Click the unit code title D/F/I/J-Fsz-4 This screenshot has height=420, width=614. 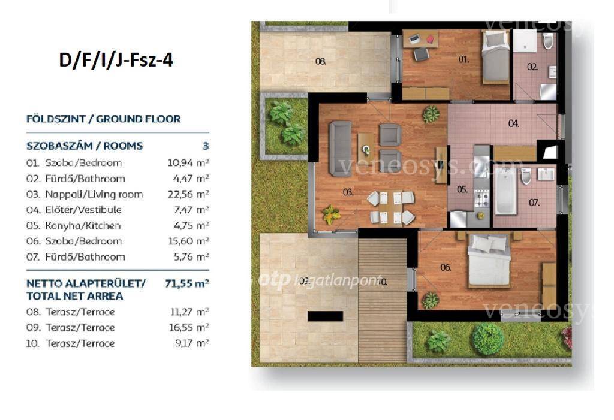pos(116,61)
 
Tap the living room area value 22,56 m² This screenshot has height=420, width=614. pos(188,194)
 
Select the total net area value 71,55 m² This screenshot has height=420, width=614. pos(187,283)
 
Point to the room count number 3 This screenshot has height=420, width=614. pos(206,146)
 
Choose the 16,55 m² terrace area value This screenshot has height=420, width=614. pos(189,328)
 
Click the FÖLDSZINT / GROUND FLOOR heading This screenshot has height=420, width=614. pos(103,119)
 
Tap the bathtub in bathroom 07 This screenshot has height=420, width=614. pos(505,191)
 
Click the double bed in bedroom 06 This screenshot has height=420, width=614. pos(489,260)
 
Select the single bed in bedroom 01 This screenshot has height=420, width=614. pos(495,57)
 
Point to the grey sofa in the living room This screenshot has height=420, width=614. pos(340,149)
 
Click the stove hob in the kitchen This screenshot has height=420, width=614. pos(482,198)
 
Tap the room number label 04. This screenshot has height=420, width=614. pos(514,123)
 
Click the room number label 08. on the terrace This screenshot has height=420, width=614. pos(321,61)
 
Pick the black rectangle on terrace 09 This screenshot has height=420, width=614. pos(325,316)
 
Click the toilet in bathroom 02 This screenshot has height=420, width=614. pos(548,40)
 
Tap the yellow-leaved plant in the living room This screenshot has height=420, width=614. pos(331,215)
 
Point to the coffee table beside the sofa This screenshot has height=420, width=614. pos(366,147)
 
